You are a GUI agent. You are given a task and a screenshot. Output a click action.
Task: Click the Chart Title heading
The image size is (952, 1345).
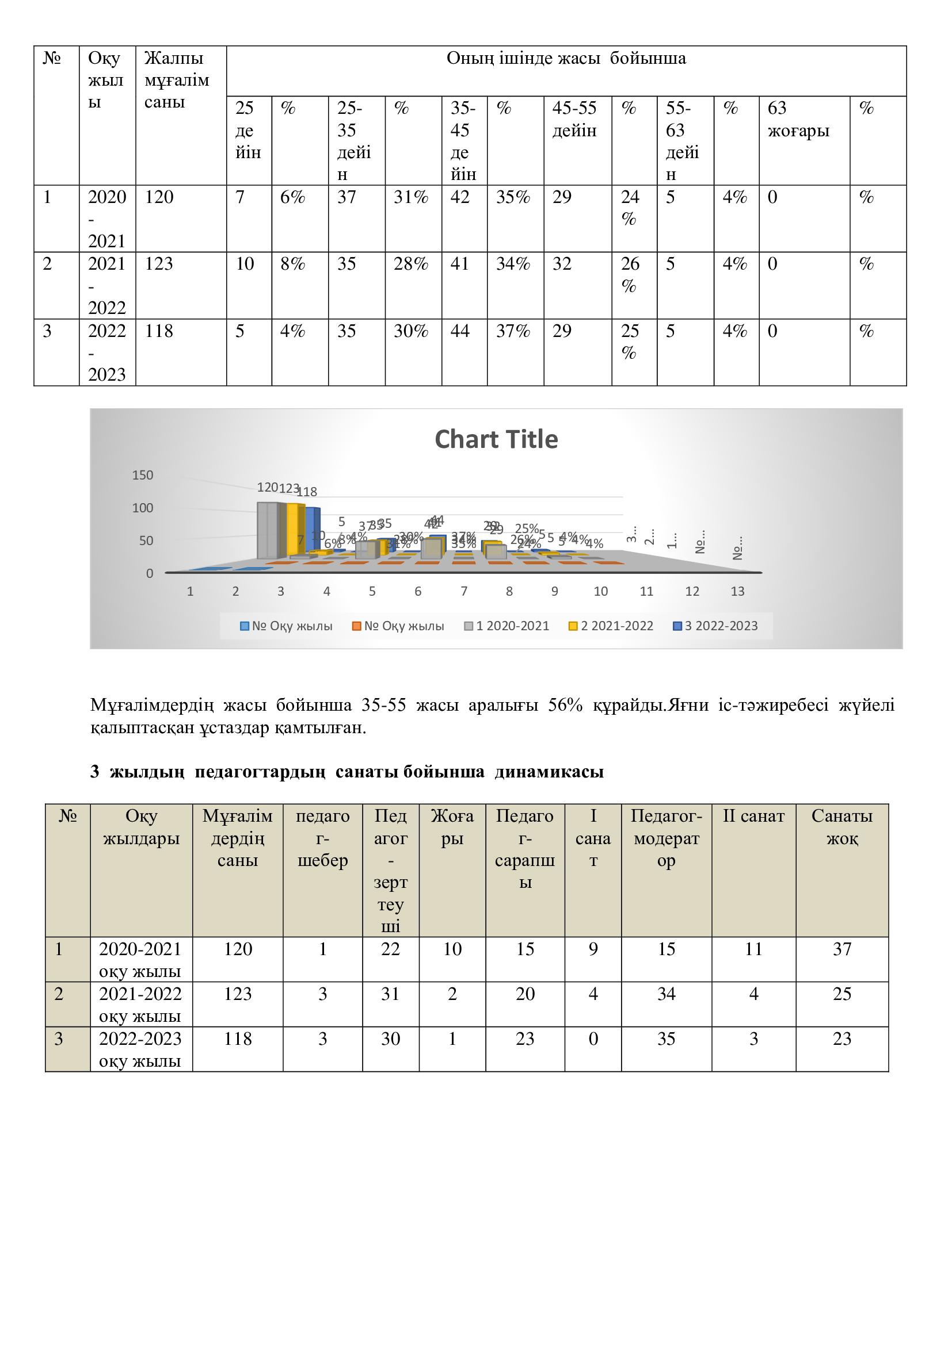[496, 439]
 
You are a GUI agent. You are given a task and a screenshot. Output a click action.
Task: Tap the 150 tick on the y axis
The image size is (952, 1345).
[142, 475]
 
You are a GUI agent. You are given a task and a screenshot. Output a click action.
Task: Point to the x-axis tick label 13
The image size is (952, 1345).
[737, 592]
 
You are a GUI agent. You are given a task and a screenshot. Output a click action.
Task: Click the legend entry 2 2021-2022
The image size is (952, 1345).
[611, 626]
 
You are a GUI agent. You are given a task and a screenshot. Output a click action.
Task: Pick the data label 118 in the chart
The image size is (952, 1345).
[307, 492]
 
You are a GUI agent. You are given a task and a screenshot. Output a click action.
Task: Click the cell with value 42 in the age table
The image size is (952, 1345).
[460, 197]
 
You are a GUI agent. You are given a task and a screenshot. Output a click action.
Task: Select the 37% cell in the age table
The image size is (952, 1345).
[513, 332]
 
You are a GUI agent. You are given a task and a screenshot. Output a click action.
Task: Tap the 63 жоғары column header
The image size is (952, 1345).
[798, 120]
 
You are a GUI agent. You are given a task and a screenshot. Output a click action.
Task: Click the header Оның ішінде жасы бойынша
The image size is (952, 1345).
[566, 59]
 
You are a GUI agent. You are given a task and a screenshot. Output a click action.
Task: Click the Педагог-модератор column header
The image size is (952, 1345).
[666, 838]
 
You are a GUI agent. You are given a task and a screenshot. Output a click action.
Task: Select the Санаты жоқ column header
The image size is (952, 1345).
[842, 827]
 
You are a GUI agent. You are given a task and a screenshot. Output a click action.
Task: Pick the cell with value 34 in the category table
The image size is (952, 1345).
[666, 994]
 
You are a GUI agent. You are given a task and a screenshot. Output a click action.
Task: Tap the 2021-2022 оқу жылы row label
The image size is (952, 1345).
[140, 1005]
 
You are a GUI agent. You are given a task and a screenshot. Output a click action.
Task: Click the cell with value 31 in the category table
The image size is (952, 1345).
[390, 994]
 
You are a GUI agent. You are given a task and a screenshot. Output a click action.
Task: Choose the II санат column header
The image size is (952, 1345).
[753, 816]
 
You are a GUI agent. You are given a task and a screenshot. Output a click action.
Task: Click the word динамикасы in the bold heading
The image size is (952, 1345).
[549, 772]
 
